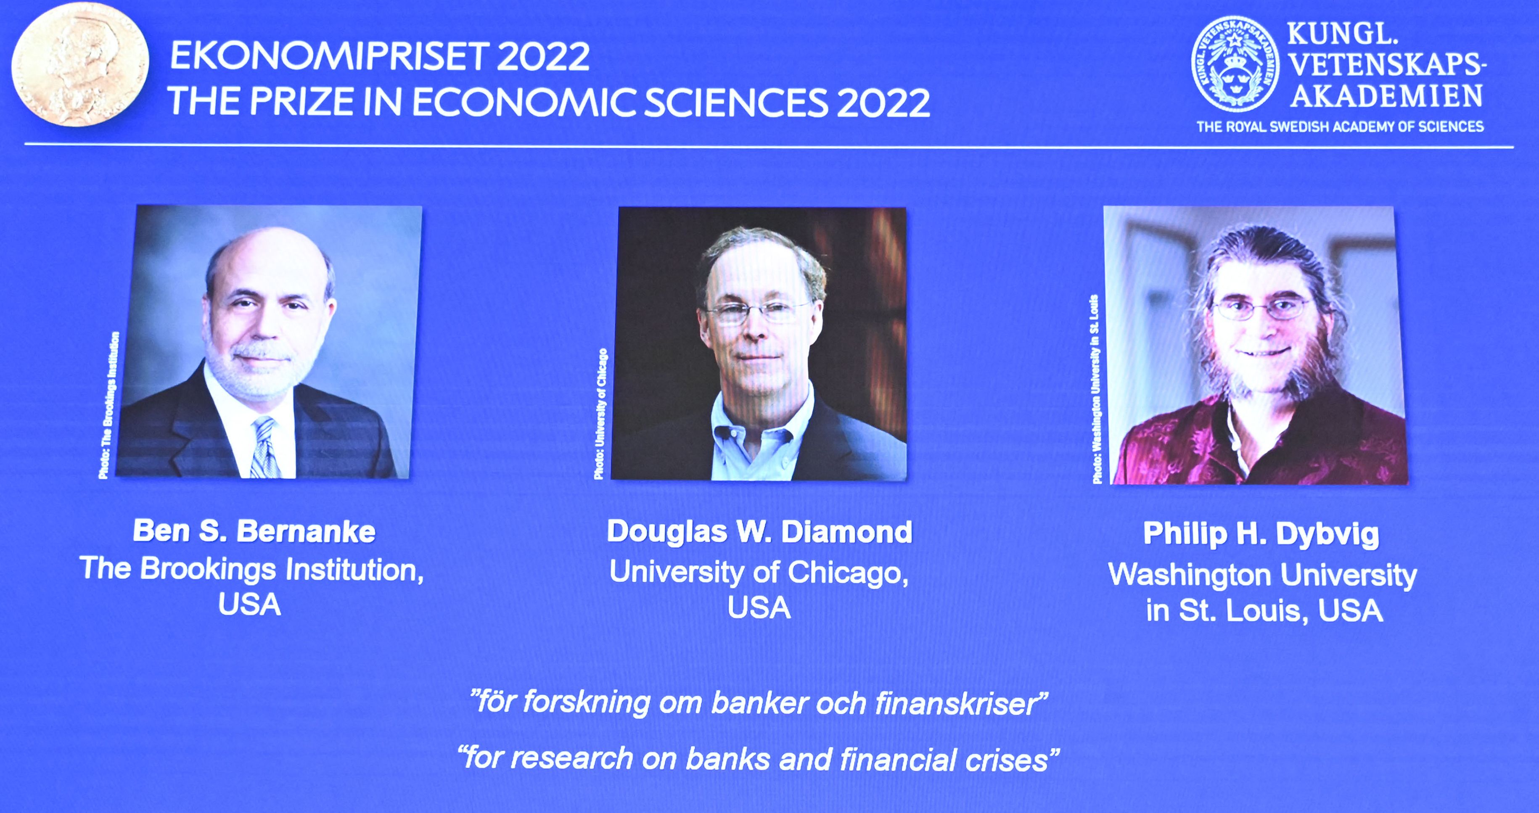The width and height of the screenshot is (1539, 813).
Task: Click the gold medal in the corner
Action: point(80,63)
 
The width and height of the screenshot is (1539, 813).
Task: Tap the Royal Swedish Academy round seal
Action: point(1235,64)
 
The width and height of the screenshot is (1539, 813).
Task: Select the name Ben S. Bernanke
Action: point(254,531)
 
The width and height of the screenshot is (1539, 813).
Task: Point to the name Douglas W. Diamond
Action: point(759,532)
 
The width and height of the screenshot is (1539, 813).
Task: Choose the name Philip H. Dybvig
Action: point(1261,534)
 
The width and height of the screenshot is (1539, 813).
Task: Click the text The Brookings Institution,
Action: point(251,569)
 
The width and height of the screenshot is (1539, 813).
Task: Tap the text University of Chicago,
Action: point(759,572)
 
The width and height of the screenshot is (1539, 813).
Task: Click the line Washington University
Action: point(1262,575)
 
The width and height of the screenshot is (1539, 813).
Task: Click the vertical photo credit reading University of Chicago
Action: point(601,413)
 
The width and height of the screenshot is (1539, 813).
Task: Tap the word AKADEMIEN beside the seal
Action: point(1386,95)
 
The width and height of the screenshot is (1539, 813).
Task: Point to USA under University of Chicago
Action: point(759,608)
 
